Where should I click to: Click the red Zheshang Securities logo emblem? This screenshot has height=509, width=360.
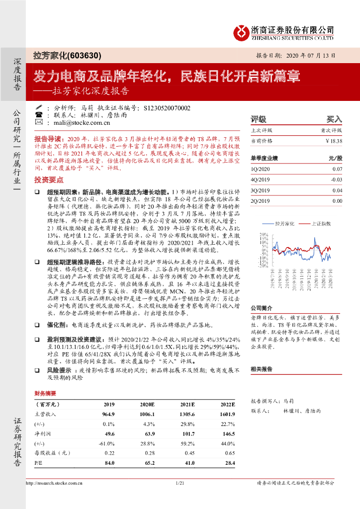point(243,32)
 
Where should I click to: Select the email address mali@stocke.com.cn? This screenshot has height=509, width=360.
point(75,122)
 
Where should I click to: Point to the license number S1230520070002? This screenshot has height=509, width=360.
point(167,107)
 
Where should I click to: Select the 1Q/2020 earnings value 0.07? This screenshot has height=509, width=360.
point(337,169)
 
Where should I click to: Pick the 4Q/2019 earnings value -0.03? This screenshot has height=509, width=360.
point(337,179)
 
